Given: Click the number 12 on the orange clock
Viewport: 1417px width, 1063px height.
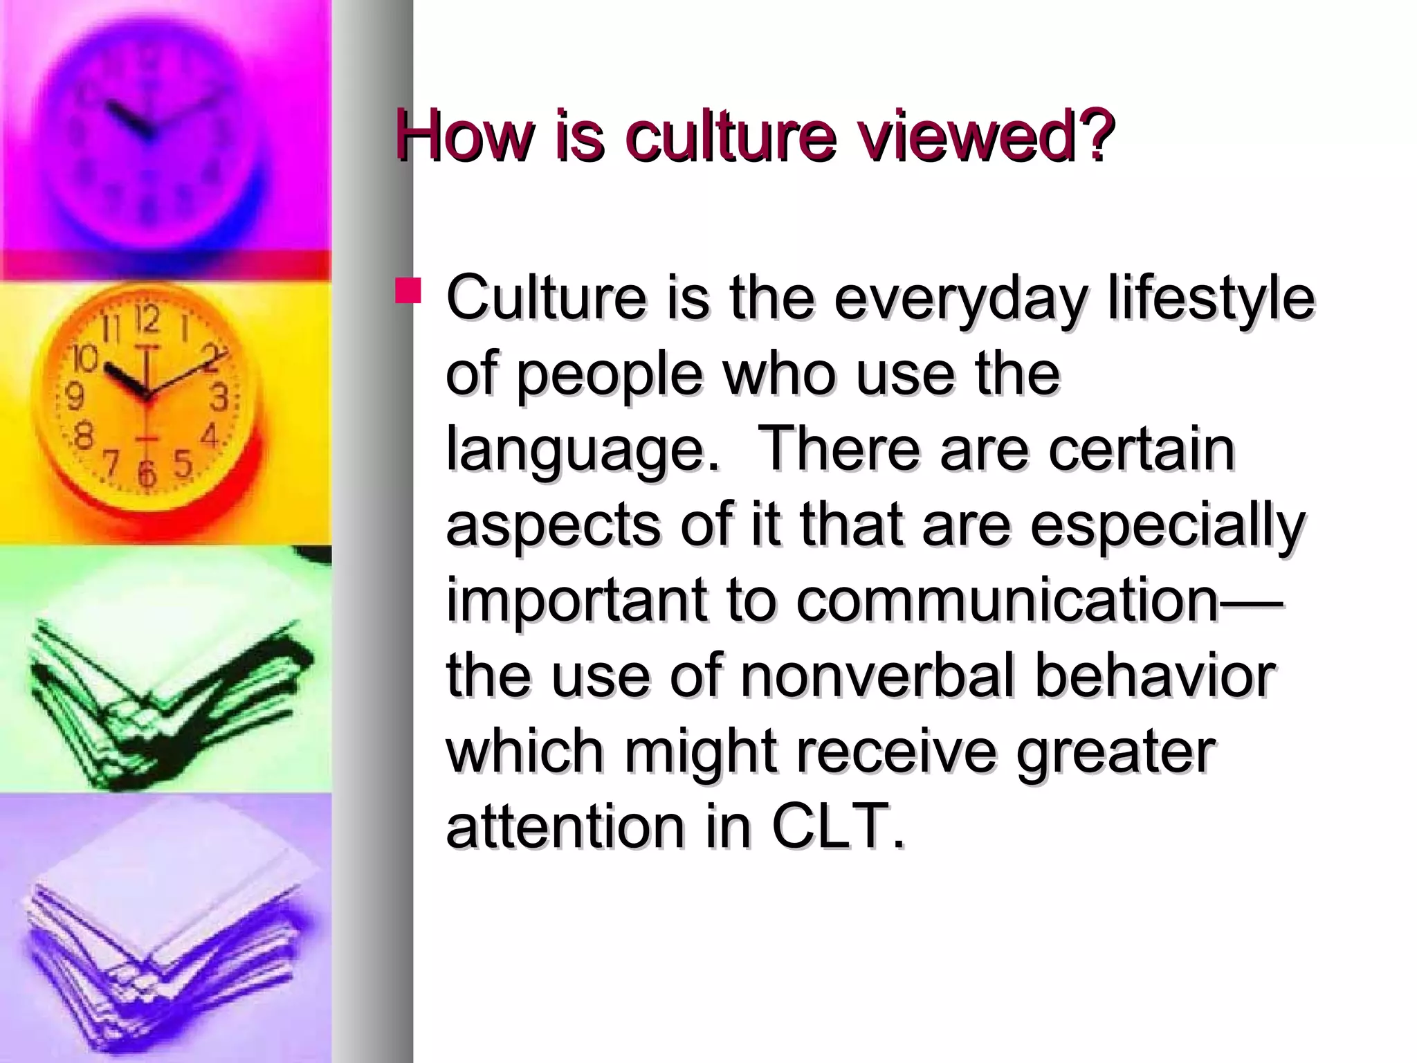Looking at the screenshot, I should coord(147,320).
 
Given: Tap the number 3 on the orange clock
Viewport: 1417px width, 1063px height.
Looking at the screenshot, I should coord(219,398).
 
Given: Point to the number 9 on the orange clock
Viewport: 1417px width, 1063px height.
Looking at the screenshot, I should coord(74,397).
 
